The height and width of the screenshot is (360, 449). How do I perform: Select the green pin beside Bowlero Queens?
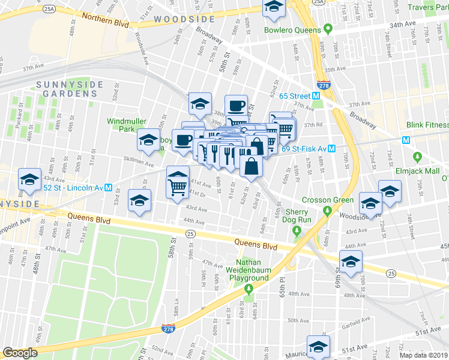(328, 28)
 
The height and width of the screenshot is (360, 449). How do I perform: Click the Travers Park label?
(428, 7)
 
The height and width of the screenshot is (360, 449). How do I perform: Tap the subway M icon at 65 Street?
(316, 96)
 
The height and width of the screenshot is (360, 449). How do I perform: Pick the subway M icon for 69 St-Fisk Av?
(331, 148)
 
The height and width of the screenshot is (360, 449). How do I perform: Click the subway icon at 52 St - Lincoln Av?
(109, 187)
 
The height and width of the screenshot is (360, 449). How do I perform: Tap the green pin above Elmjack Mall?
(418, 158)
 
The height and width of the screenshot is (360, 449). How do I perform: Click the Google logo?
(20, 353)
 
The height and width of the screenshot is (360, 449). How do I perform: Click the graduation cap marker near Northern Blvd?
(274, 8)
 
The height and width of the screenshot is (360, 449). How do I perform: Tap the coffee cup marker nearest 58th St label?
(236, 106)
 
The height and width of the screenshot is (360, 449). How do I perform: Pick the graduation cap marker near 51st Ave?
(318, 347)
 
